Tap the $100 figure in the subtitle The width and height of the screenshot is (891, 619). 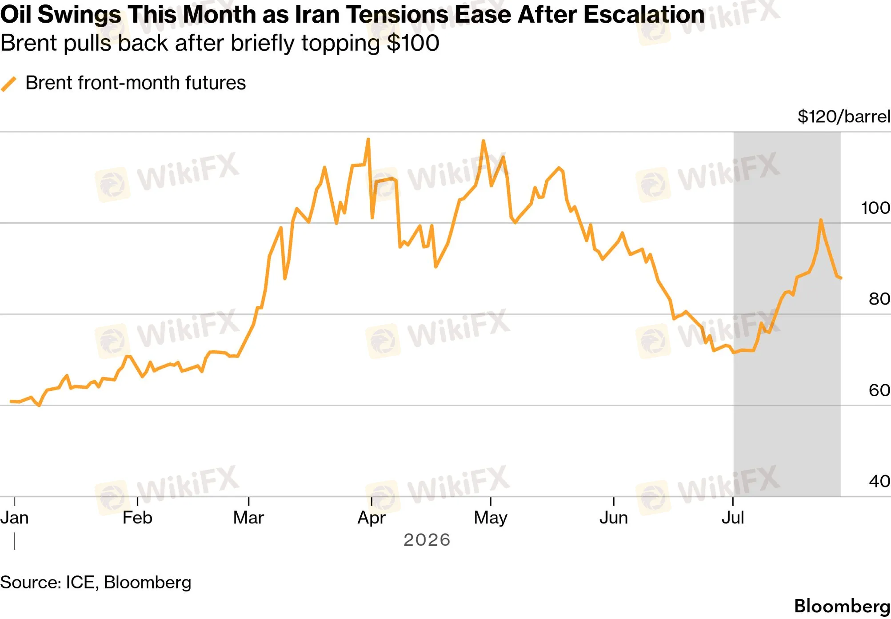(x=413, y=43)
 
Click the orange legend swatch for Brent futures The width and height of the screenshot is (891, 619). (x=9, y=84)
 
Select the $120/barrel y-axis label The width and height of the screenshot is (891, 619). (x=844, y=117)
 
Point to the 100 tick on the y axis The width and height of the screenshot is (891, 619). (x=875, y=208)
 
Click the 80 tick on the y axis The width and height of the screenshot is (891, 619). (x=879, y=299)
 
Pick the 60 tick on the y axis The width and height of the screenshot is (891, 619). (x=879, y=390)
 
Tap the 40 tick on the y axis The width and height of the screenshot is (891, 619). (x=879, y=481)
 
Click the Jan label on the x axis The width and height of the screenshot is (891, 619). (x=14, y=518)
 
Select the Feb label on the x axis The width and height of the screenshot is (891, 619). (x=137, y=518)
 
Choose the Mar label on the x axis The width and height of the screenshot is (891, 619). (x=248, y=518)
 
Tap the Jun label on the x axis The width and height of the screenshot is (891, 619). (x=614, y=518)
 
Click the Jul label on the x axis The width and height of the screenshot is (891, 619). (x=733, y=518)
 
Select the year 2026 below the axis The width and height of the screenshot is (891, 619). (x=427, y=540)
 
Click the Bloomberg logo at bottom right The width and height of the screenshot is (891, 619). (x=842, y=607)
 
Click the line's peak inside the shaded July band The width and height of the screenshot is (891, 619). (x=821, y=220)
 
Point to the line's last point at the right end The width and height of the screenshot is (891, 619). (x=841, y=278)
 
